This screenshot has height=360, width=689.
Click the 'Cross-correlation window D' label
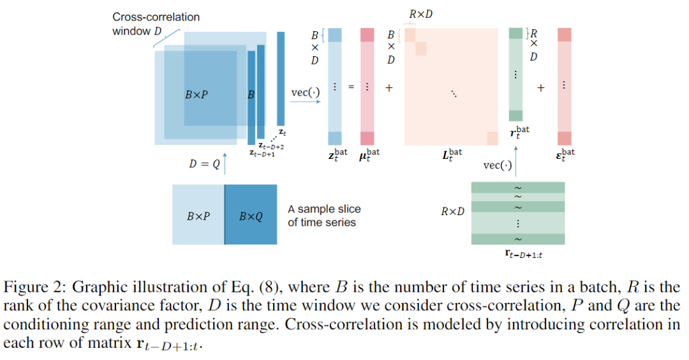click(156, 24)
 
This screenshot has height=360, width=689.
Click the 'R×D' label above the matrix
click(420, 15)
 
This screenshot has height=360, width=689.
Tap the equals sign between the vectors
click(350, 88)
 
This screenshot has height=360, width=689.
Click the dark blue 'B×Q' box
click(251, 216)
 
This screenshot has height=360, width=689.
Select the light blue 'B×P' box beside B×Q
click(198, 216)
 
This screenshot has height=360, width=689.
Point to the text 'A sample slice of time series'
click(324, 216)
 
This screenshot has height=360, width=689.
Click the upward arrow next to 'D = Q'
click(225, 163)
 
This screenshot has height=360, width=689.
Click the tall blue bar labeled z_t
click(281, 78)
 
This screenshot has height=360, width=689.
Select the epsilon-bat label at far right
click(564, 154)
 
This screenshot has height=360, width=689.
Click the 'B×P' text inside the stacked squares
click(196, 94)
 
